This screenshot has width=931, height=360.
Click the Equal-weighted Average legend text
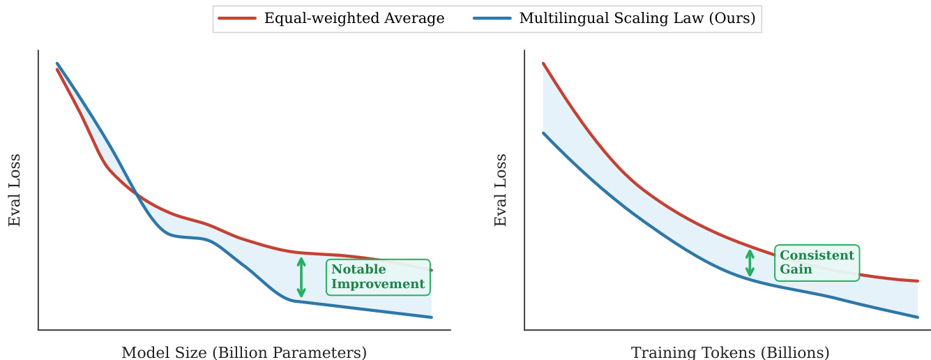coord(354,19)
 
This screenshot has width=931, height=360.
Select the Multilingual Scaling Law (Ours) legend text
coord(637,19)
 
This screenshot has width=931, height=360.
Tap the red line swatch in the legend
coord(237,19)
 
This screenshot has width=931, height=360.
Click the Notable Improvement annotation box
coord(378,277)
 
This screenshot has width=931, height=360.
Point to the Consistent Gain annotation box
coord(817,262)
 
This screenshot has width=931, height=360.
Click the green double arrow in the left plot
coord(301,278)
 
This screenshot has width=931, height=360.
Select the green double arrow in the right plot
coord(750,263)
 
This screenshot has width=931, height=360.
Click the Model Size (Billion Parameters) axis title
coord(244,352)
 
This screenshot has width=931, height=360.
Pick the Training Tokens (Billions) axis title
coord(730,352)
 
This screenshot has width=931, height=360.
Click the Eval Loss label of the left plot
coord(15,190)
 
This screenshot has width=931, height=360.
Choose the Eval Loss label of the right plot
coord(501,190)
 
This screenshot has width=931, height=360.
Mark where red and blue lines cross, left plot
coord(135,195)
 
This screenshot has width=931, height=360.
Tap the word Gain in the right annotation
coord(796,269)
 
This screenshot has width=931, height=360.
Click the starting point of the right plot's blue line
coord(543,133)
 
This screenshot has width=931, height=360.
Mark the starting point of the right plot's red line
coord(543,63)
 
